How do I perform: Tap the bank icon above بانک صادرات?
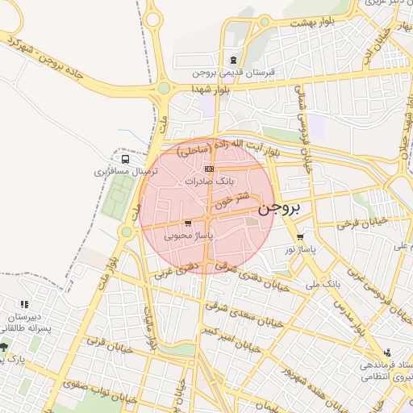[210, 169]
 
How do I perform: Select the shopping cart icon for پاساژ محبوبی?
[188, 223]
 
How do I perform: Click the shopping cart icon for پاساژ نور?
[300, 237]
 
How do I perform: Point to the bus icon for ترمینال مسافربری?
[123, 159]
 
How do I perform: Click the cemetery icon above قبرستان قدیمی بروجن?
[234, 59]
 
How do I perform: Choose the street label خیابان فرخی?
[363, 221]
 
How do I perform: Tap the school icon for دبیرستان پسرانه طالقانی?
[24, 304]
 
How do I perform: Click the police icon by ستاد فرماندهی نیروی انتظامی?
[388, 353]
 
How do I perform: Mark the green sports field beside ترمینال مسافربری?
[120, 193]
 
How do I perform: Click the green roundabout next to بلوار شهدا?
[165, 88]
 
